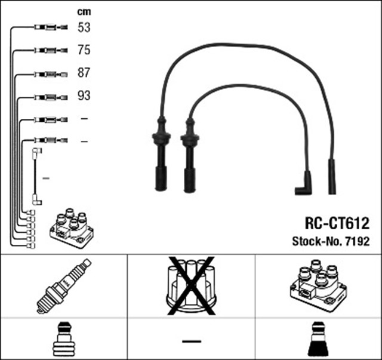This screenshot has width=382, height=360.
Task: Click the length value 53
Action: click(x=84, y=27)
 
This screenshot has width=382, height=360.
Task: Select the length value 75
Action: click(x=84, y=50)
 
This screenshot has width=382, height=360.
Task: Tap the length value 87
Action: click(x=84, y=73)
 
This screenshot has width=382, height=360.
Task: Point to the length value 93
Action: click(x=84, y=96)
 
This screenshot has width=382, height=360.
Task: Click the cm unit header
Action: click(x=84, y=11)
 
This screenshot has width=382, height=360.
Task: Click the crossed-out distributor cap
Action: click(x=191, y=286)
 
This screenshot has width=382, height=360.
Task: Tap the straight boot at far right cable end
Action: click(x=332, y=176)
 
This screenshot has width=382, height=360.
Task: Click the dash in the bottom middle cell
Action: click(x=191, y=340)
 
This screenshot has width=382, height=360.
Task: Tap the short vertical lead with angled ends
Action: click(x=36, y=177)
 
